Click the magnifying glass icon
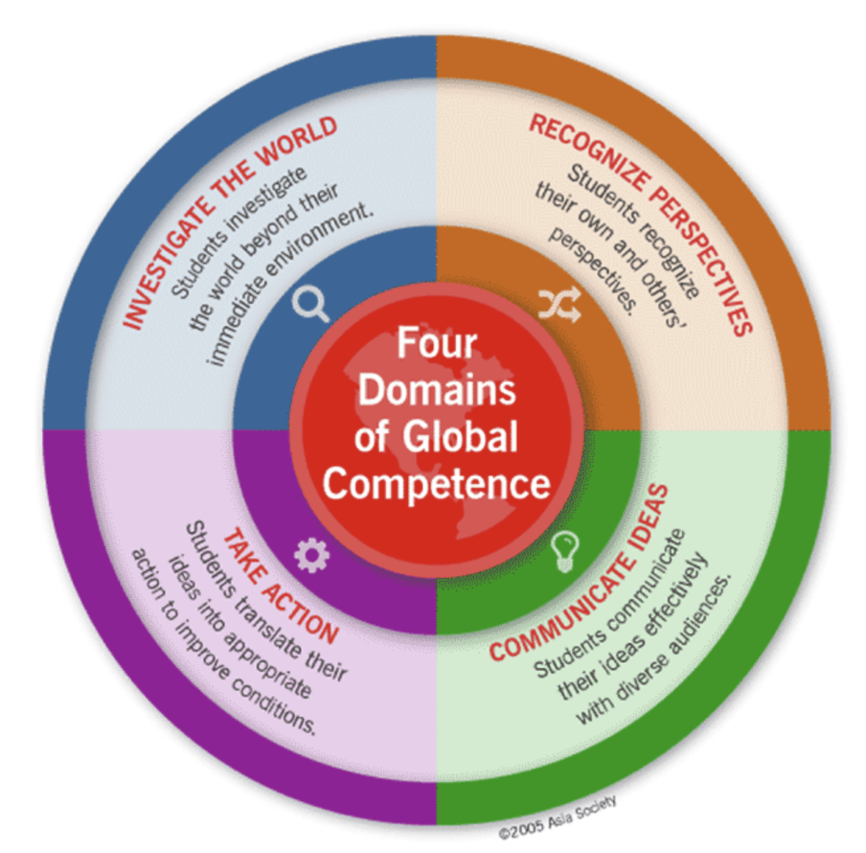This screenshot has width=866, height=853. coord(310,303)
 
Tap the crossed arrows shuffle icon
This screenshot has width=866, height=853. coord(559,305)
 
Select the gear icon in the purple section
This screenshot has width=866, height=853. coord(311,555)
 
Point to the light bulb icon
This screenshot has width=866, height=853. coord(565,551)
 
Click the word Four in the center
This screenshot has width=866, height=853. coord(437,343)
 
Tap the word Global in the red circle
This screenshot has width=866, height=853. coord(460,436)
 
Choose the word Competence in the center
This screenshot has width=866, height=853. coord(437,483)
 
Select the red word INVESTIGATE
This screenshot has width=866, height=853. coord(165,265)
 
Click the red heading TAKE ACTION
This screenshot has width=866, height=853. coord(280,586)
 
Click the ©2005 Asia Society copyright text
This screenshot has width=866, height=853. coord(558,818)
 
